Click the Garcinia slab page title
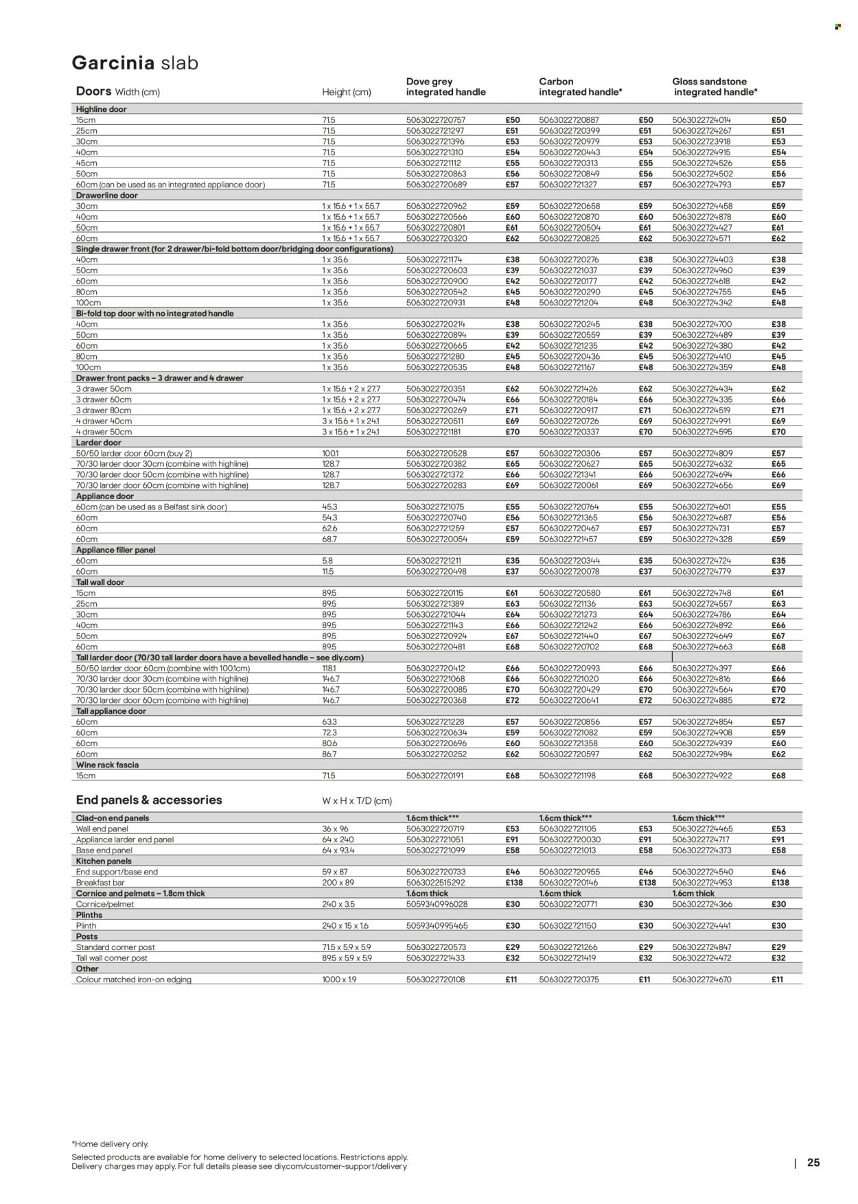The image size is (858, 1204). (135, 63)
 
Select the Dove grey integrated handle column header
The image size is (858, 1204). (445, 86)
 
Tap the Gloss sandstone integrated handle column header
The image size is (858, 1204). (715, 86)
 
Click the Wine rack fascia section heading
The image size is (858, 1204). (107, 765)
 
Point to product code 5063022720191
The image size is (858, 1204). (435, 776)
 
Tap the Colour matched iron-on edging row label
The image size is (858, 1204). (133, 980)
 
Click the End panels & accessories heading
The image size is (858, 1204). (149, 800)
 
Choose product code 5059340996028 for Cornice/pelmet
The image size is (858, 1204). (435, 904)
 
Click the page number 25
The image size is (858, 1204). (813, 1163)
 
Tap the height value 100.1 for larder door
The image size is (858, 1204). (331, 454)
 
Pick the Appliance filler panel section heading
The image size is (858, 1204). (115, 550)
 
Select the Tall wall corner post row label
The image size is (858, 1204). (111, 958)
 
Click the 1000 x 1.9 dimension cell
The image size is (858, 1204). (340, 980)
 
